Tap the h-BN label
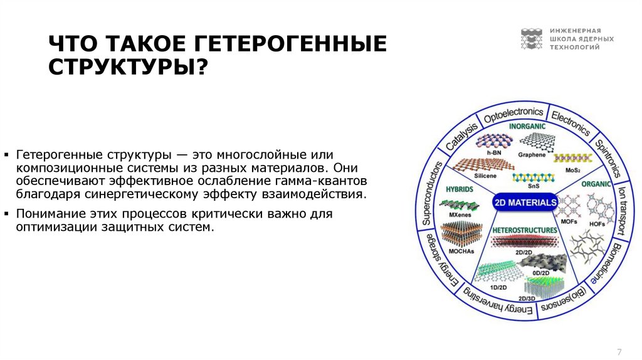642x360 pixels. point(493,152)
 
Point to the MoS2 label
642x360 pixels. point(572,170)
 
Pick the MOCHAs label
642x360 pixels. point(461,251)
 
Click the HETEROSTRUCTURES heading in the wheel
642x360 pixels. point(525,230)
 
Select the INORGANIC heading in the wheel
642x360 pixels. point(527,127)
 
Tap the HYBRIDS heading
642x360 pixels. point(459,188)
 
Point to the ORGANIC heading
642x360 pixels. point(595,185)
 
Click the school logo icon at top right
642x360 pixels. point(531,39)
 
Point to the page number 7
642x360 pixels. point(619,351)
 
